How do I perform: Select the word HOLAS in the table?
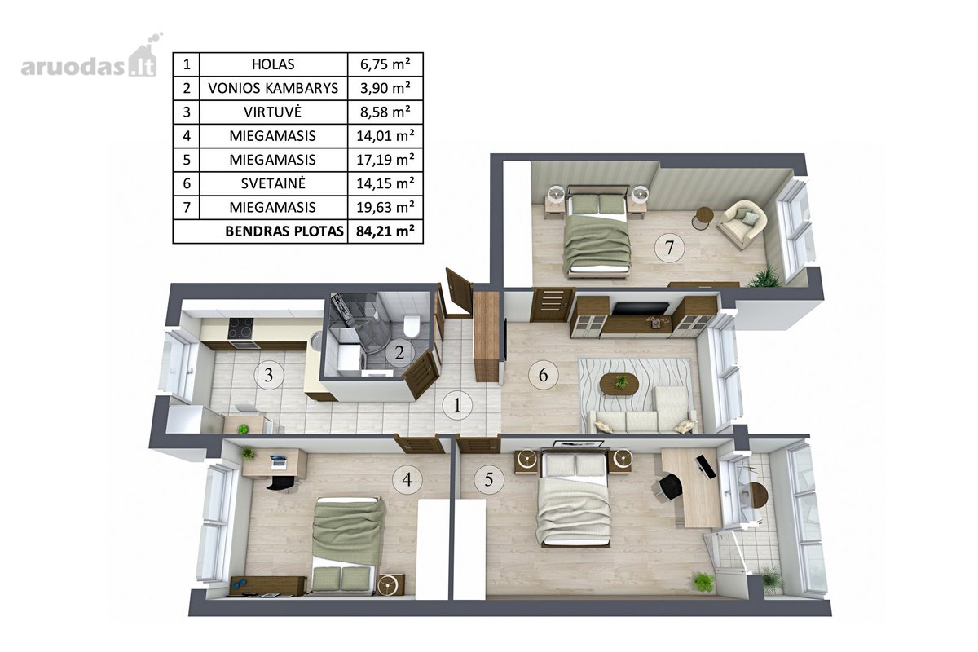pyautogui.click(x=273, y=64)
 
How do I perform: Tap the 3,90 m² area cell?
pyautogui.click(x=385, y=88)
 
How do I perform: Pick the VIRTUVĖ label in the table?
pyautogui.click(x=272, y=112)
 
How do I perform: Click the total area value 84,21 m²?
pyautogui.click(x=385, y=231)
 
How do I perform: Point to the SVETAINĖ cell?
pyautogui.click(x=273, y=183)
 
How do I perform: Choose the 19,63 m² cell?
pyautogui.click(x=385, y=207)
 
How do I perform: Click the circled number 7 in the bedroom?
pyautogui.click(x=669, y=248)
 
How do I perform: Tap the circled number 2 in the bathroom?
pyautogui.click(x=399, y=352)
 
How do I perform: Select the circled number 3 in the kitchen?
pyautogui.click(x=269, y=374)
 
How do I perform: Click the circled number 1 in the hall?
pyautogui.click(x=457, y=405)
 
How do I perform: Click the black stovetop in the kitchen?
pyautogui.click(x=240, y=328)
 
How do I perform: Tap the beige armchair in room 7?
pyautogui.click(x=742, y=224)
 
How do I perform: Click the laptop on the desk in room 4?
pyautogui.click(x=278, y=461)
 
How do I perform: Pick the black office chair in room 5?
pyautogui.click(x=668, y=487)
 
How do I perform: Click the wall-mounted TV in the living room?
pyautogui.click(x=640, y=308)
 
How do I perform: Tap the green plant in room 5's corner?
pyautogui.click(x=703, y=582)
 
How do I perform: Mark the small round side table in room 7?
pyautogui.click(x=703, y=218)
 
